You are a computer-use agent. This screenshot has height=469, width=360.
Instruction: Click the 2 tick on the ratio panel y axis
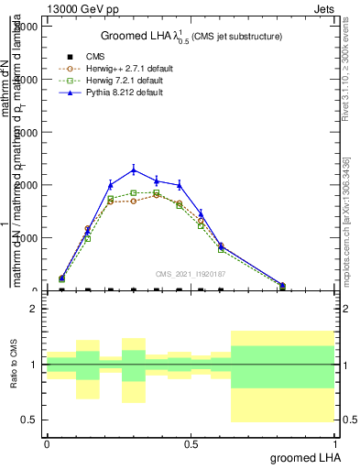coord(34,309)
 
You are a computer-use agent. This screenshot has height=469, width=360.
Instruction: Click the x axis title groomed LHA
coord(304,457)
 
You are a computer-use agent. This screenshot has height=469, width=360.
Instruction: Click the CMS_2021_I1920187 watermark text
coord(191,273)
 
